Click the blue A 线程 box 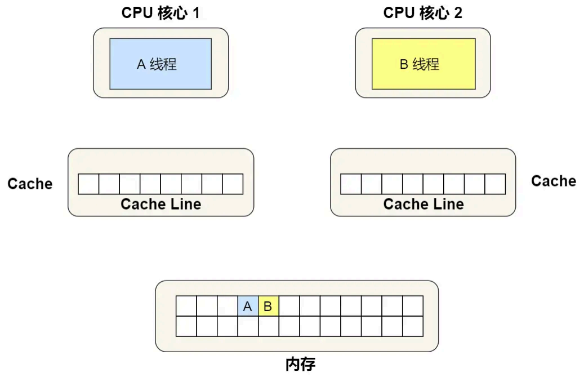pos(161,64)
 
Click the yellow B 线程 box pos(423,64)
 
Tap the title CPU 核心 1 pos(161,13)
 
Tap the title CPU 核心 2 pos(423,13)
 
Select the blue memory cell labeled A pos(248,306)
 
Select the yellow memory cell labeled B pos(269,306)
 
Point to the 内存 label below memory pos(300,364)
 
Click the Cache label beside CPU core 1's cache pos(30,184)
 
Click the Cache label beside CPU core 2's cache pos(554,181)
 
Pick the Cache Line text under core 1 pos(161,204)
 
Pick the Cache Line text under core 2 pos(423,204)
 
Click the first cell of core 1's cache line pos(88,184)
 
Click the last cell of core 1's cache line pos(233,184)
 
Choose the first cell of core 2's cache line pos(351,184)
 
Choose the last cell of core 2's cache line pos(495,184)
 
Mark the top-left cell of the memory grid pos(186,306)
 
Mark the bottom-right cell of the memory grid pos(413,326)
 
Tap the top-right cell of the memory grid pos(413,306)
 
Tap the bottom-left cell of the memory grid pos(186,326)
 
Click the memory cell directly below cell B pos(269,326)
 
